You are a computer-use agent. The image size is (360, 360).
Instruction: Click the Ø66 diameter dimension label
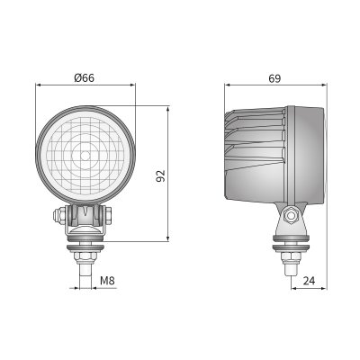pos(84,78)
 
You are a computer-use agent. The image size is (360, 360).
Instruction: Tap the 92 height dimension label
pos(161,175)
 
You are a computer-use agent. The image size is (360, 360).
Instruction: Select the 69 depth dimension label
pos(274,78)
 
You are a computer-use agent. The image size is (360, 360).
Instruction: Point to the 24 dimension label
pos(309,281)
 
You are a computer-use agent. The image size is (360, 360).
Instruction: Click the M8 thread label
pos(107,281)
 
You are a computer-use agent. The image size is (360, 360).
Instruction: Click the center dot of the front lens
pos(85,156)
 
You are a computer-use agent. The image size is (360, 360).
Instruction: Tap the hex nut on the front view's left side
pos(58,215)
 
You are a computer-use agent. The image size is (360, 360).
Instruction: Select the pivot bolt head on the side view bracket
pos(291,216)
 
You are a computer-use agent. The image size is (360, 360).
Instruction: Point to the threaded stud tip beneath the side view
pos(290,270)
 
